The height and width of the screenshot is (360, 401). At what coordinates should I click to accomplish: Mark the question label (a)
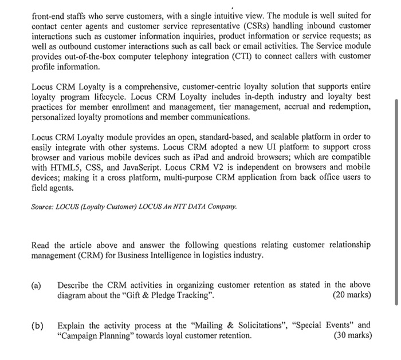[37, 285]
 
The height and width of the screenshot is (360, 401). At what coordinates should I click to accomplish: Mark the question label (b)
[37, 325]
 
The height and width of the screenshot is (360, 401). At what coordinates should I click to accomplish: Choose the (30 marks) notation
[351, 335]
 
